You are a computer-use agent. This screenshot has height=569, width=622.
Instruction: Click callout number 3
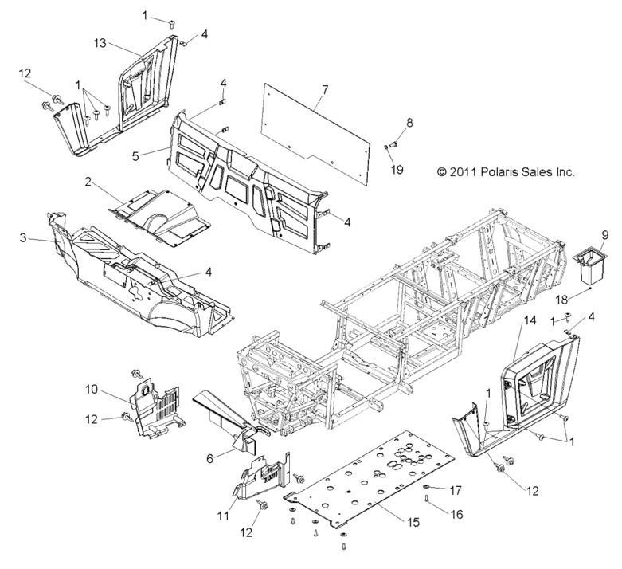click(23, 237)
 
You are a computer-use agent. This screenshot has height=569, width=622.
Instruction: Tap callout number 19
click(395, 170)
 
